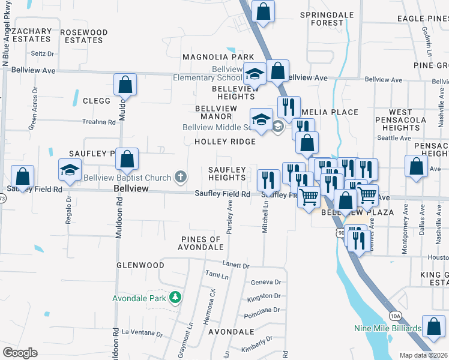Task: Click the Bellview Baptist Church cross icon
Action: click(x=180, y=176)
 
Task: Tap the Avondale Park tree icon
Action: click(x=175, y=298)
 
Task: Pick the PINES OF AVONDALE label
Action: click(x=201, y=243)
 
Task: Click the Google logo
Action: click(x=20, y=353)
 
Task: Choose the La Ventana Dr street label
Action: click(x=142, y=331)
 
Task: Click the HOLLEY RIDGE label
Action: click(x=224, y=142)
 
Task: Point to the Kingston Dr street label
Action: click(x=264, y=296)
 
